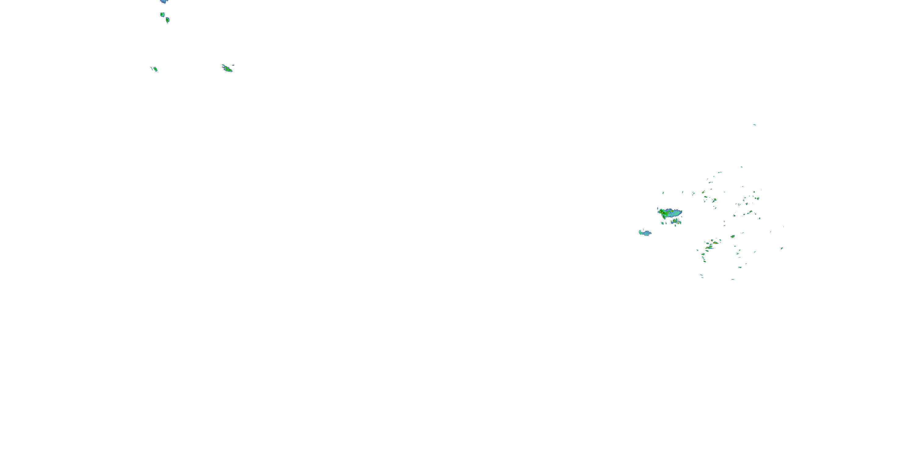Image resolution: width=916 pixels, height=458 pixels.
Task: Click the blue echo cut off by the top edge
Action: point(164,2)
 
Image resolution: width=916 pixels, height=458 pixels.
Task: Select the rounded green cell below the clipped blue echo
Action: point(162,15)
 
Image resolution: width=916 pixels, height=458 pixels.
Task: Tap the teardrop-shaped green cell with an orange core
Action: point(168,20)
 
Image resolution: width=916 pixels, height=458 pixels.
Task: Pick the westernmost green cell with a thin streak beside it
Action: point(155,69)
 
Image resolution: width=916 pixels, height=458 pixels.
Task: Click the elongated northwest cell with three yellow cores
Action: point(227,69)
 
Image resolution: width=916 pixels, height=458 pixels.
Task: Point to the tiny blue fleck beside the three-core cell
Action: point(233,65)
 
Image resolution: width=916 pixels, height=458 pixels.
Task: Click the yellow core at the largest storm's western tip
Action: point(661,212)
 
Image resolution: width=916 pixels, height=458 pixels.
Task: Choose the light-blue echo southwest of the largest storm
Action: point(646,233)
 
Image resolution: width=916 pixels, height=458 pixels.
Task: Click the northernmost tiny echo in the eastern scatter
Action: point(754,125)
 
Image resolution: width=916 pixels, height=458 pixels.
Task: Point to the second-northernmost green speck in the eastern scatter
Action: point(741,167)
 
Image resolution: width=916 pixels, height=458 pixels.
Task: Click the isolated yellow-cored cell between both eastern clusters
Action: point(732,236)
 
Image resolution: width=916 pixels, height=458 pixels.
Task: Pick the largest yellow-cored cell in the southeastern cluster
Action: point(715,243)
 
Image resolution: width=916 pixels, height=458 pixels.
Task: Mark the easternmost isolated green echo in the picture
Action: point(782,248)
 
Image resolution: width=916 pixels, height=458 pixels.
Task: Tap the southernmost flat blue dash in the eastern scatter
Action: point(733,279)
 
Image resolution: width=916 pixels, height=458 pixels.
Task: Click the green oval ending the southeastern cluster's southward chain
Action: point(705,261)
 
